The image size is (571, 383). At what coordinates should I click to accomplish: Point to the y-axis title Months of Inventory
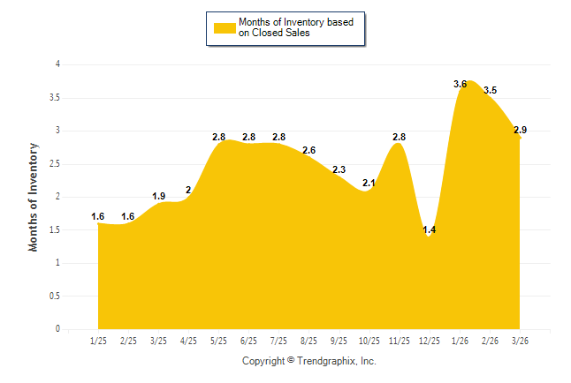click(x=34, y=197)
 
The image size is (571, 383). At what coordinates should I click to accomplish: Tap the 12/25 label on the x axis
click(x=429, y=342)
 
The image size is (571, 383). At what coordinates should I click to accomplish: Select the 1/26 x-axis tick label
click(x=459, y=342)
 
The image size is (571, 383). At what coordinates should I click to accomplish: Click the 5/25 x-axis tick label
click(x=218, y=342)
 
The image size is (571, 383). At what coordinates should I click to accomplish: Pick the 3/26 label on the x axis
click(x=519, y=342)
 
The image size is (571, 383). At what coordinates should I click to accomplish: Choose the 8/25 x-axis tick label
click(x=308, y=342)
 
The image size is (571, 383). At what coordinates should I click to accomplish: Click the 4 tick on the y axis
click(x=57, y=64)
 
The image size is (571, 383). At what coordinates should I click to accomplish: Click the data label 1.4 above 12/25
click(x=430, y=229)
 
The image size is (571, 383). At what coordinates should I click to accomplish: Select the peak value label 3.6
click(x=461, y=84)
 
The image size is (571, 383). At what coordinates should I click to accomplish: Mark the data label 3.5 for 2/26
click(x=490, y=90)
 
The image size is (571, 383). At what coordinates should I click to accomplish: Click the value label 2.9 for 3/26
click(x=520, y=130)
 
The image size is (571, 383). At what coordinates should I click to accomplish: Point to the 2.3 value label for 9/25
click(x=339, y=169)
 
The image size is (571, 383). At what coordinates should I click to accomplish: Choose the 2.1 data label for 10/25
click(x=369, y=183)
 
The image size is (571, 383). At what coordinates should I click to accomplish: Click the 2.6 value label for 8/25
click(x=308, y=150)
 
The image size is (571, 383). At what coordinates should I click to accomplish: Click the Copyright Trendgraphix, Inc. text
click(x=308, y=361)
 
